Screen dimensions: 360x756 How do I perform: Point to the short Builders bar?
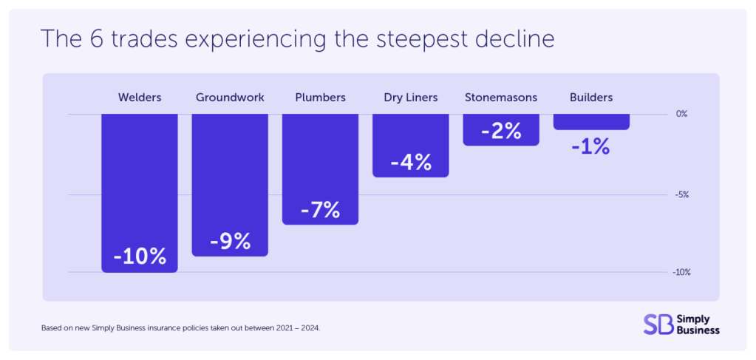click(x=591, y=122)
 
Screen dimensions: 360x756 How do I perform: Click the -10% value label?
click(x=140, y=257)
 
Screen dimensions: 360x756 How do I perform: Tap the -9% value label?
click(x=230, y=241)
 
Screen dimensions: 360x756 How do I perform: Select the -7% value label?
click(x=320, y=210)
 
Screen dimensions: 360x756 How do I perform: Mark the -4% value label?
click(x=411, y=162)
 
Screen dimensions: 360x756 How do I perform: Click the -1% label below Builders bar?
click(x=590, y=146)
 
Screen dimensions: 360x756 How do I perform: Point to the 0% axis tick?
click(x=681, y=114)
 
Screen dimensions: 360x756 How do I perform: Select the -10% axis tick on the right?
click(x=681, y=273)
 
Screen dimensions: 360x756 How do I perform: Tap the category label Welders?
click(x=140, y=98)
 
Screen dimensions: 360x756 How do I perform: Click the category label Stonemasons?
click(x=501, y=98)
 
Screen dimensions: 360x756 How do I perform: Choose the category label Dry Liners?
click(x=411, y=98)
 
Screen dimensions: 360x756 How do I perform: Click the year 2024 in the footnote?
click(x=310, y=327)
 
